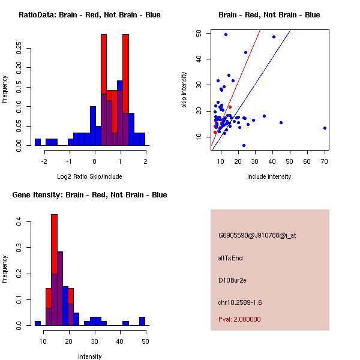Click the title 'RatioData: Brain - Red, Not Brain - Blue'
coord(89,15)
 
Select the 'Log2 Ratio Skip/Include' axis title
coord(89,176)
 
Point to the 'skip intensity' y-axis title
coord(185,90)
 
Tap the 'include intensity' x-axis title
coord(269,176)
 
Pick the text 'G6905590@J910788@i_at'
coord(257,235)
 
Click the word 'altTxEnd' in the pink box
coord(230,258)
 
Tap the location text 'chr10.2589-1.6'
coord(240,302)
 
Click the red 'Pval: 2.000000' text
coord(240,319)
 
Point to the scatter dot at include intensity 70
coord(325,128)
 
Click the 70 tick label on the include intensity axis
coord(325,161)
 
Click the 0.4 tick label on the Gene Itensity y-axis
coord(19,222)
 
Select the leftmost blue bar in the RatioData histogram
coord(37,142)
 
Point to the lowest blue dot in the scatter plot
coord(244,145)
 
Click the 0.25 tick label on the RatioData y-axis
coord(19,46)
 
